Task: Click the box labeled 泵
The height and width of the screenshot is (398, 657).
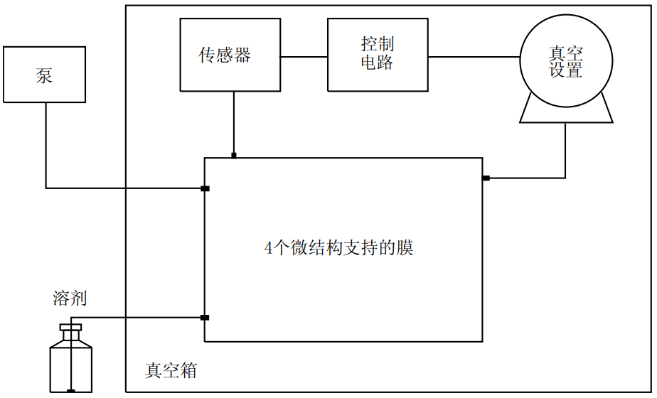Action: click(x=44, y=74)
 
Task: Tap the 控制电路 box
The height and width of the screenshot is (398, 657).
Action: click(x=378, y=55)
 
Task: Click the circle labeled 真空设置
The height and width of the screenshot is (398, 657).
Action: click(x=566, y=62)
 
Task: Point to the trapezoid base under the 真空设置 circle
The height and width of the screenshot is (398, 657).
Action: click(x=566, y=114)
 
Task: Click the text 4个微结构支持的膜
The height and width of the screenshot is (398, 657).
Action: click(x=338, y=248)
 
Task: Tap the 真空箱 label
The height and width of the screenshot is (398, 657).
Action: click(x=171, y=370)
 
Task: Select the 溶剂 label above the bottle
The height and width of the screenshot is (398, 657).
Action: click(x=70, y=298)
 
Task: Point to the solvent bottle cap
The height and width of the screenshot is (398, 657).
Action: click(x=70, y=328)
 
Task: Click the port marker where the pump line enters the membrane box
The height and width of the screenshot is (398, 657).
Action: click(x=205, y=188)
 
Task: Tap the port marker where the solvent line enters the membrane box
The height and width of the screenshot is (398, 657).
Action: click(x=205, y=318)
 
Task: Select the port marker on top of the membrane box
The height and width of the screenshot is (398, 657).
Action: click(x=234, y=155)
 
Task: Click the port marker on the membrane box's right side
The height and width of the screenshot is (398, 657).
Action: click(x=486, y=178)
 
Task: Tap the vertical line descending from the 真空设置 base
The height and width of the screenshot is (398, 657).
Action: click(x=565, y=149)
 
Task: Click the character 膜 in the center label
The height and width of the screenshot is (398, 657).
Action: click(x=405, y=248)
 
